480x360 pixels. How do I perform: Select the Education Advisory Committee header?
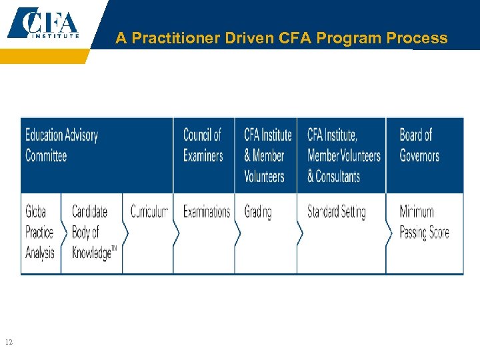pos(61,145)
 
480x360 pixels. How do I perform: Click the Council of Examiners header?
pos(202,145)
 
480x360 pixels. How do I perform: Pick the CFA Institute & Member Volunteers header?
pos(267,155)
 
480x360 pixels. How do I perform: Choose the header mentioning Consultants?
pos(343,156)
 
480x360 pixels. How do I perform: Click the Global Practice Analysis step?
pos(39,232)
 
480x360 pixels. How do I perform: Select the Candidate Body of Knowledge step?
pos(93,232)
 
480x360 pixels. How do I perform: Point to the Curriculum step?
pos(149,212)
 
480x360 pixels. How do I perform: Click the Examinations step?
pos(206,212)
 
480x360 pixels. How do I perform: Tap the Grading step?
pos(258,212)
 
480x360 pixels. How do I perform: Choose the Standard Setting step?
pos(336,212)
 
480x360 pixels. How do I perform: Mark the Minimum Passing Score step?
pos(424,222)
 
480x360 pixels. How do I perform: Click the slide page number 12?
pos(9,343)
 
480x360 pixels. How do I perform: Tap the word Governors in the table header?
pos(419,156)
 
